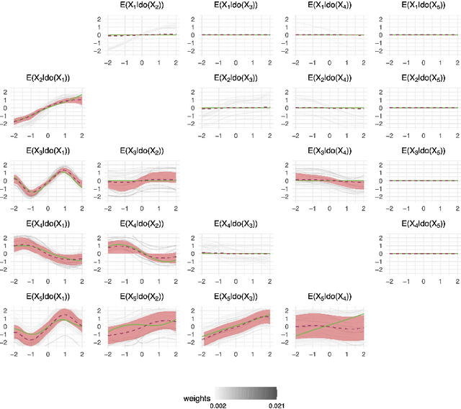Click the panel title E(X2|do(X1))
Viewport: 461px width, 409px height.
point(48,78)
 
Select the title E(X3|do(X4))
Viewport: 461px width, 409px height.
point(327,152)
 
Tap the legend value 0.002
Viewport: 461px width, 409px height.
point(216,405)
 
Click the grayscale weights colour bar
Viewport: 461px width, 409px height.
point(242,393)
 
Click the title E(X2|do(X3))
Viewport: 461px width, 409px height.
point(233,78)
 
